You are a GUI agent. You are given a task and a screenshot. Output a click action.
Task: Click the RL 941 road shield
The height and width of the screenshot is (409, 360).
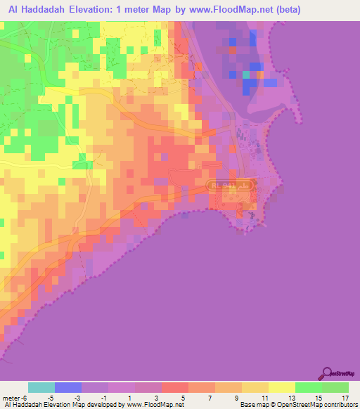pyautogui.click(x=230, y=184)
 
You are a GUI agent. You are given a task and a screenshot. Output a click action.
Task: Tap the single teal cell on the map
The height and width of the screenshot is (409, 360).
pyautogui.click(x=246, y=74)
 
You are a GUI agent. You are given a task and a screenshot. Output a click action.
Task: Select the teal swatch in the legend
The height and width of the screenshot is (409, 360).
pyautogui.click(x=41, y=387)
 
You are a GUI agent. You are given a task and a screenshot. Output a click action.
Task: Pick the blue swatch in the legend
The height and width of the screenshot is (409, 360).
pyautogui.click(x=68, y=387)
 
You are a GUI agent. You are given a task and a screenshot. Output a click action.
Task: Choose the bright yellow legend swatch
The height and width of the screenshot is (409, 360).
pyautogui.click(x=281, y=387)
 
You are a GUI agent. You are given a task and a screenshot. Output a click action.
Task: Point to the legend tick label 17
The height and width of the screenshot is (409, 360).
pyautogui.click(x=344, y=398)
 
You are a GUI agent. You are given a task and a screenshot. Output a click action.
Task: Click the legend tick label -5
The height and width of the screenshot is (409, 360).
pyautogui.click(x=51, y=398)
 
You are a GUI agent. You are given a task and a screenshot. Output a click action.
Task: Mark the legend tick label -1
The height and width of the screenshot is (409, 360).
pyautogui.click(x=105, y=398)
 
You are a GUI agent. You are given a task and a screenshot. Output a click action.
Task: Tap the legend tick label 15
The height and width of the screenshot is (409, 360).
pyautogui.click(x=317, y=398)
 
